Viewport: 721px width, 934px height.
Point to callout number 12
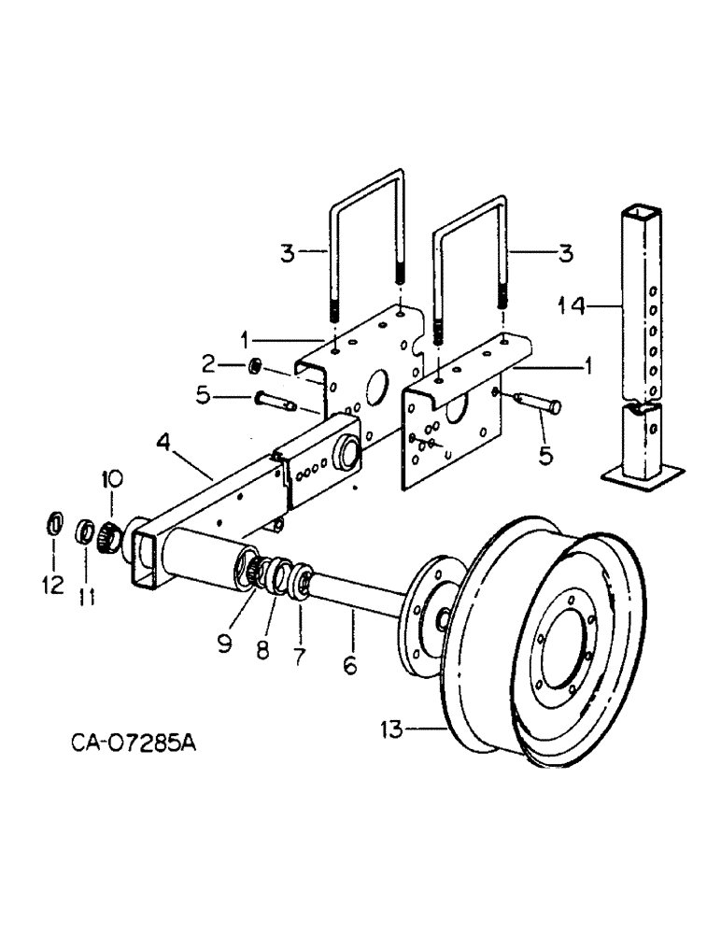pyautogui.click(x=53, y=586)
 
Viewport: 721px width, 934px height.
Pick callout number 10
pyautogui.click(x=111, y=481)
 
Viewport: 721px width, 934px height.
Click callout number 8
pyautogui.click(x=262, y=648)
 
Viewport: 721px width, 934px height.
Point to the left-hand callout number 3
pyautogui.click(x=290, y=250)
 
